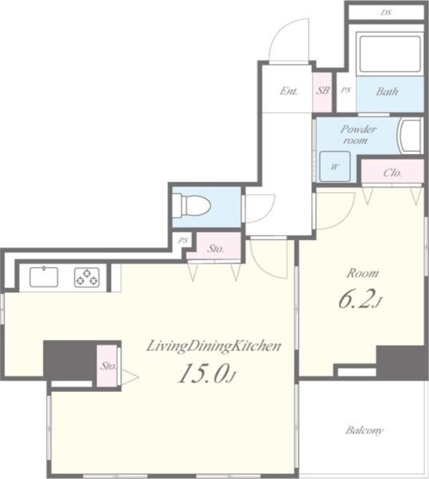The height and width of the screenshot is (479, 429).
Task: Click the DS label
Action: click(x=386, y=13)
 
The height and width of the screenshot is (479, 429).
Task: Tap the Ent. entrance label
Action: click(x=288, y=91)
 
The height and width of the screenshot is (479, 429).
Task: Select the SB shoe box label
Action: click(x=323, y=91)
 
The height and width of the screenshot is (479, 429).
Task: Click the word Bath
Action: click(x=387, y=91)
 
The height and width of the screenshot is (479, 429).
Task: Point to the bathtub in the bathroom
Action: click(x=389, y=53)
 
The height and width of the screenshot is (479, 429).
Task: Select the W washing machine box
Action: click(x=335, y=167)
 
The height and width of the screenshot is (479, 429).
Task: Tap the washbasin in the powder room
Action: click(x=411, y=136)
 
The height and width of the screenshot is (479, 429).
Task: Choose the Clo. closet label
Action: click(x=391, y=172)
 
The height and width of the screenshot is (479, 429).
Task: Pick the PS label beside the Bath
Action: click(x=345, y=91)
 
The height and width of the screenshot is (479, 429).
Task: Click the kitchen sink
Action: click(x=44, y=277)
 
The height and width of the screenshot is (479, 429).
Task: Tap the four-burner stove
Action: click(x=86, y=277)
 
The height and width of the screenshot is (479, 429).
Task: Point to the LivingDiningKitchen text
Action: click(x=213, y=346)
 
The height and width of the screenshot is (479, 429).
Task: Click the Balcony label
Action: click(x=364, y=430)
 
